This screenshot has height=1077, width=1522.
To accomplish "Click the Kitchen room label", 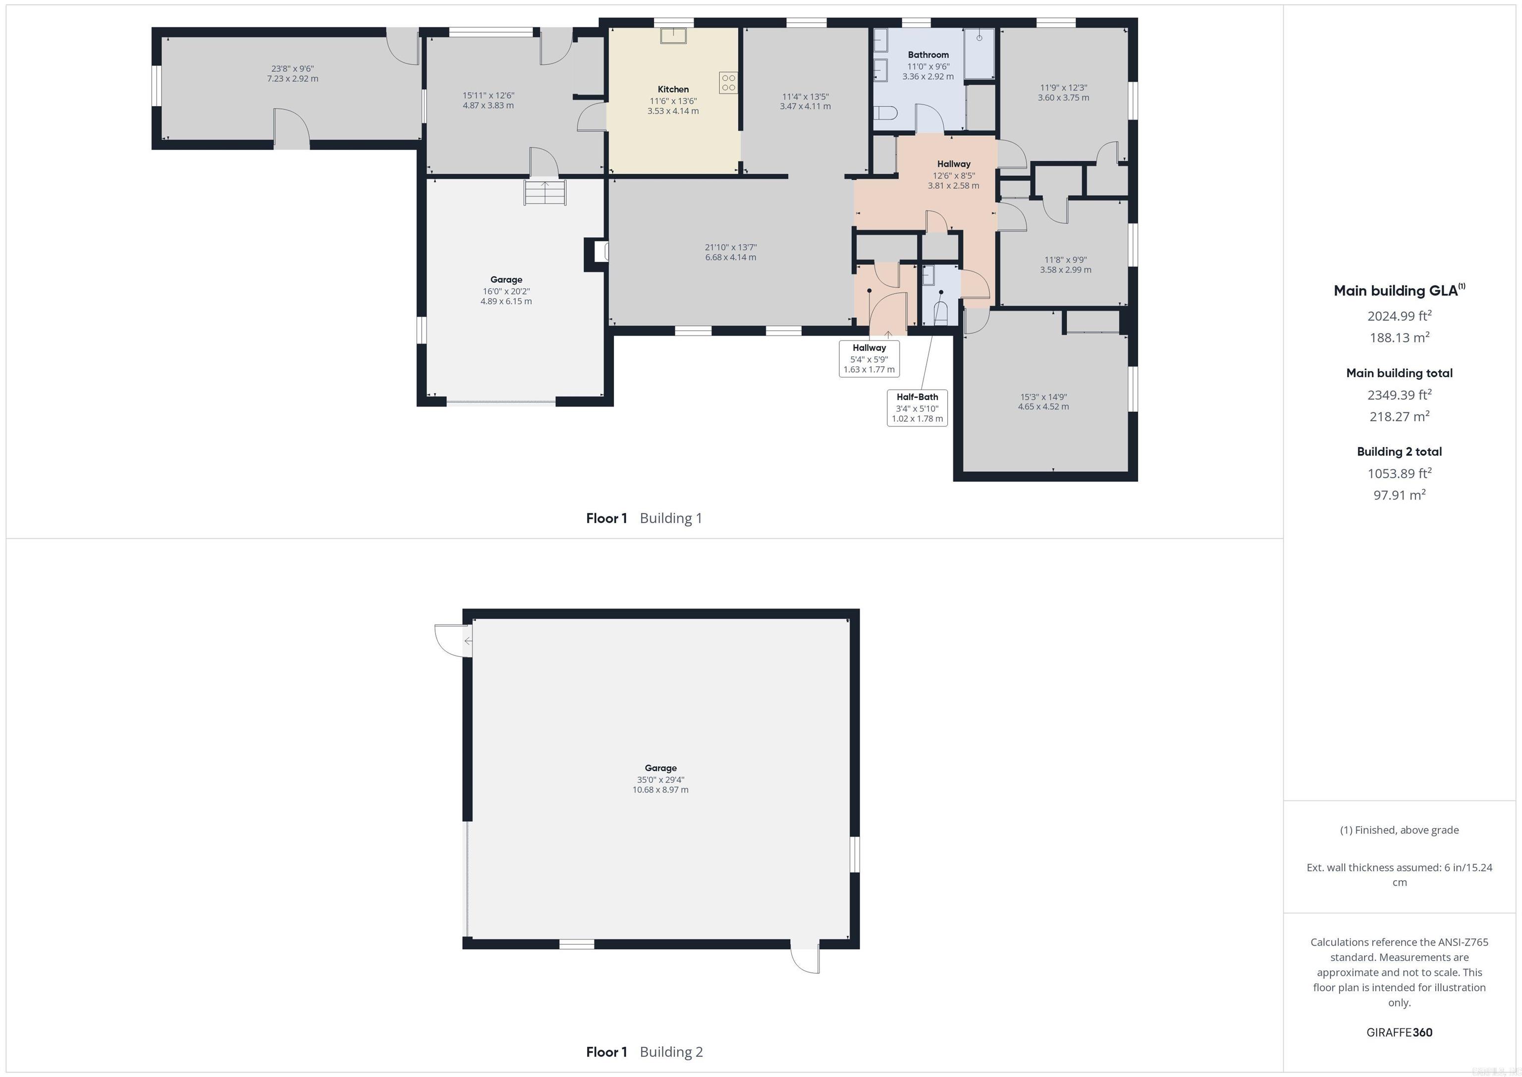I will pyautogui.click(x=673, y=89).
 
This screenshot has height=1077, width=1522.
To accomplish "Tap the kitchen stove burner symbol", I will pyautogui.click(x=728, y=83).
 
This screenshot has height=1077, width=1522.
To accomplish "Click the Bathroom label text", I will pyautogui.click(x=928, y=55).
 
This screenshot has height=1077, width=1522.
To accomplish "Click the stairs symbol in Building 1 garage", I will pyautogui.click(x=545, y=192).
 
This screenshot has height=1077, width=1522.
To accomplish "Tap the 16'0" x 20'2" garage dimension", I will pyautogui.click(x=506, y=291).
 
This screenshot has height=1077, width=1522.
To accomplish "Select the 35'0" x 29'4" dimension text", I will pyautogui.click(x=660, y=780).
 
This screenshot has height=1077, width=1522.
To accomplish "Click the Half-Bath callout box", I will pyautogui.click(x=917, y=407).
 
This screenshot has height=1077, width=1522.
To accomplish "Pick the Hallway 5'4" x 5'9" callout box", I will pyautogui.click(x=869, y=358).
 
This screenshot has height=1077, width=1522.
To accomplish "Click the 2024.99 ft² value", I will pyautogui.click(x=1399, y=316).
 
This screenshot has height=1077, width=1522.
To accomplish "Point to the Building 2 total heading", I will pyautogui.click(x=1399, y=452).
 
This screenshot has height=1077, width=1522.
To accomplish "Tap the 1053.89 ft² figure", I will pyautogui.click(x=1399, y=473).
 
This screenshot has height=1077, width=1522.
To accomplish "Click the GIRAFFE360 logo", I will pyautogui.click(x=1399, y=1032).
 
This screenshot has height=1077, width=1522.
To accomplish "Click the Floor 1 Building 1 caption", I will pyautogui.click(x=644, y=518).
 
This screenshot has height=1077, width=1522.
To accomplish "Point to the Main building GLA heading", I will pyautogui.click(x=1399, y=290).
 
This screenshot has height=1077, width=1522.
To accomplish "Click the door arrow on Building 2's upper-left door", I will pyautogui.click(x=468, y=641).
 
